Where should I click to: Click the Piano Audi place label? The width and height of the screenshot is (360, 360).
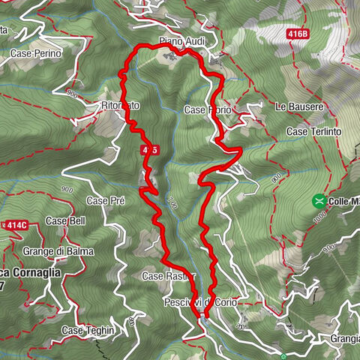(177, 40)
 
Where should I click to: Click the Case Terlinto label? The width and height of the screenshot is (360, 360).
(313, 132)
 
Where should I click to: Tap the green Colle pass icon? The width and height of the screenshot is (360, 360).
(319, 201)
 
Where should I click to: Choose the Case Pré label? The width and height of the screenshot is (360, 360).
(105, 201)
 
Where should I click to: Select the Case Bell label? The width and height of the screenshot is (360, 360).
(66, 221)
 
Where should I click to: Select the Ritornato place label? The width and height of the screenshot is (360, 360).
(120, 106)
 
